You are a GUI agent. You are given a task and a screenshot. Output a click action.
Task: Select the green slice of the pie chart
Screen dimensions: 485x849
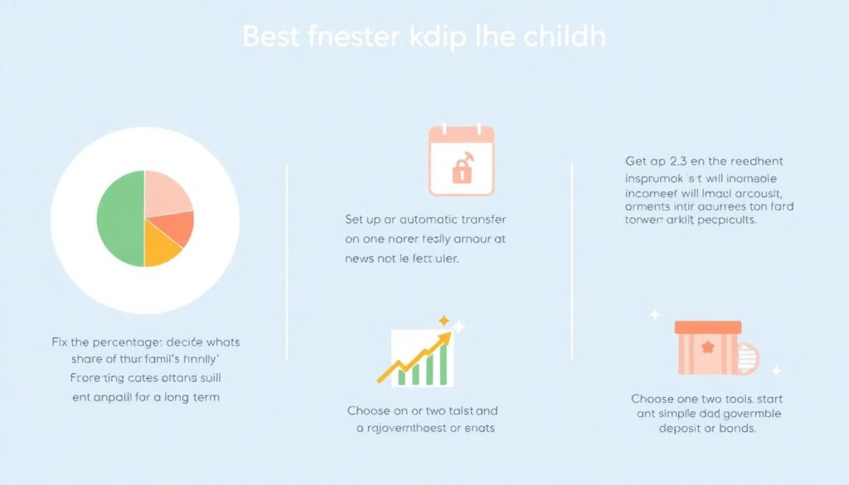(x=120, y=219)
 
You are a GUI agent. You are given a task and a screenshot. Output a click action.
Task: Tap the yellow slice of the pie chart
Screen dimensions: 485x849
(x=161, y=248)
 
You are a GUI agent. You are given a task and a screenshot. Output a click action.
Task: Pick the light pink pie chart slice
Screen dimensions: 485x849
(x=167, y=192)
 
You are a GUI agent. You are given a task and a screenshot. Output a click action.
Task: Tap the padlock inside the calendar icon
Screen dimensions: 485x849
(x=460, y=170)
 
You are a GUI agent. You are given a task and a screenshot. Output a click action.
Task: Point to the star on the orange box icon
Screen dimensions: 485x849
(x=707, y=347)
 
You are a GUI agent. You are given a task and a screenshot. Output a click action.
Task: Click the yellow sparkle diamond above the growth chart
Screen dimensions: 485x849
(x=444, y=320)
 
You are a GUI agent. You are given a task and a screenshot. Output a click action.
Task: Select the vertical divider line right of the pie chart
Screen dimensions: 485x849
(x=287, y=261)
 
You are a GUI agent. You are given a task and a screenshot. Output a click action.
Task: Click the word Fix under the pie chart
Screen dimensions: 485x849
(x=60, y=342)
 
